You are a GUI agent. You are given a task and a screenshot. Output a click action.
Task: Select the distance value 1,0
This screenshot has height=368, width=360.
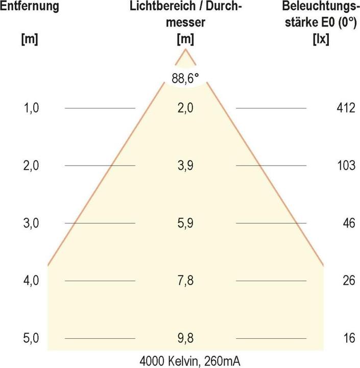click(32, 108)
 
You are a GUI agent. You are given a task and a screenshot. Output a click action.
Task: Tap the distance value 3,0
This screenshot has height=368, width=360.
click(32, 223)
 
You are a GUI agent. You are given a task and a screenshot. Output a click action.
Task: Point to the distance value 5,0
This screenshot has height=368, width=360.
click(32, 338)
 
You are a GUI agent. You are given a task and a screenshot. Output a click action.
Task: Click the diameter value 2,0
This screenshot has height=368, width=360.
click(185, 108)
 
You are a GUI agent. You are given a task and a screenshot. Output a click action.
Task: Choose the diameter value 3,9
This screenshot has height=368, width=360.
click(185, 166)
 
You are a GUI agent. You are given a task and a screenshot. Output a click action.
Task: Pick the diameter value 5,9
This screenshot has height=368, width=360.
click(185, 223)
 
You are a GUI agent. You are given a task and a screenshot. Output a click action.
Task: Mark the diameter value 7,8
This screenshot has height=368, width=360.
click(185, 281)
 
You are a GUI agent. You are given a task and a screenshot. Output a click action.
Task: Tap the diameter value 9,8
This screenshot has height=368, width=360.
click(185, 338)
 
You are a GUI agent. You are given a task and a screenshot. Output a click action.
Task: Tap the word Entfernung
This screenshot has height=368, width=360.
click(29, 7)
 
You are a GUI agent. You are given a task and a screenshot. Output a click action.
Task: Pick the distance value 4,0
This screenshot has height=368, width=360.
click(32, 281)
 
